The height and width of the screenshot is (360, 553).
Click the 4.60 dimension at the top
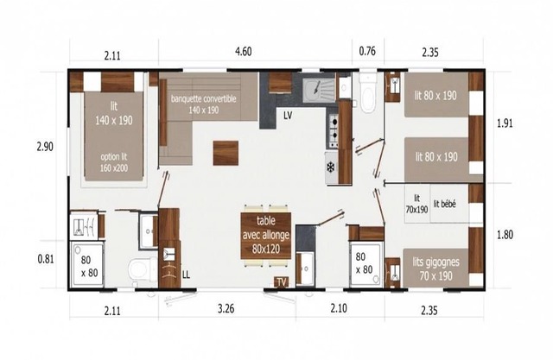[x=244, y=52]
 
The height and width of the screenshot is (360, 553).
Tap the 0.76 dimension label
[x=367, y=52]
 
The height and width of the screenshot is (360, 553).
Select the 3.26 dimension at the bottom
[x=226, y=309]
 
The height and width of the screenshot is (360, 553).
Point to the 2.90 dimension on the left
[x=45, y=147]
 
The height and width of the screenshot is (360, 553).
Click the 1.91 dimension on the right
[x=505, y=123]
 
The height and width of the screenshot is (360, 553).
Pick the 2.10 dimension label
[x=339, y=308]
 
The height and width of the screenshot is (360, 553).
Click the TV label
[x=282, y=281]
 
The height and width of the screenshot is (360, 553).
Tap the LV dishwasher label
[x=288, y=116]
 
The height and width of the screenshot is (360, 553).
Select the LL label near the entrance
[x=186, y=275]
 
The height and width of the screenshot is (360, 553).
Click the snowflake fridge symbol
[x=331, y=167]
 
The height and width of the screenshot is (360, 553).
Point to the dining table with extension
[x=266, y=236]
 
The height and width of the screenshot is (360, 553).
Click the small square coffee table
[x=226, y=153]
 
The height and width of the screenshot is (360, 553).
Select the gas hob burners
[x=334, y=130]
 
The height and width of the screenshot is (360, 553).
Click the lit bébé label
[x=444, y=204]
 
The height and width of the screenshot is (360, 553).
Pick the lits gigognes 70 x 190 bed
[x=435, y=268]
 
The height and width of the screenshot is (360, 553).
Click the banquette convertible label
[x=204, y=99]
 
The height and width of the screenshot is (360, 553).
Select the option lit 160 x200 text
[x=114, y=162]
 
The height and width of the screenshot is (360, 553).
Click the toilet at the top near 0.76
[x=369, y=93]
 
